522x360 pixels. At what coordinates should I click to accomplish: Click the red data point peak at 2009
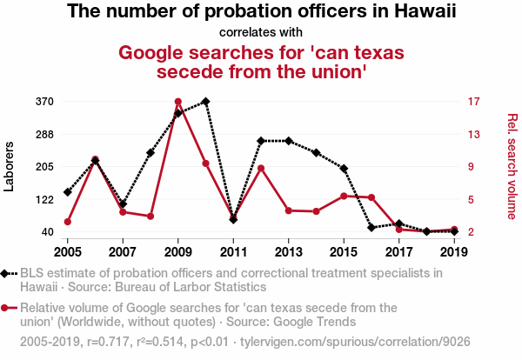click(x=178, y=102)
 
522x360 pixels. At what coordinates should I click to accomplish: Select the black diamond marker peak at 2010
click(x=205, y=102)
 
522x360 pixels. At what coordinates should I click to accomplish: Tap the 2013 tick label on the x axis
click(x=288, y=251)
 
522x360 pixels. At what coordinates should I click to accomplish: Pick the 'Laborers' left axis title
click(x=10, y=166)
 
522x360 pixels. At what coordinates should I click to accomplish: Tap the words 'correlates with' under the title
click(x=261, y=32)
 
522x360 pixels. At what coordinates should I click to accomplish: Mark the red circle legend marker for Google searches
click(x=7, y=307)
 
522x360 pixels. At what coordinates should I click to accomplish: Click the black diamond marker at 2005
click(x=68, y=192)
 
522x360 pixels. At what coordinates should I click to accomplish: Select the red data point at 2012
click(x=261, y=168)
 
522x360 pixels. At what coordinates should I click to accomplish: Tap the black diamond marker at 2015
click(x=344, y=169)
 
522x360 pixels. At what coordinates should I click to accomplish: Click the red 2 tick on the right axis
click(x=470, y=232)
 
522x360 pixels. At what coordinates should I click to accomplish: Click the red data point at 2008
click(x=151, y=216)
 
